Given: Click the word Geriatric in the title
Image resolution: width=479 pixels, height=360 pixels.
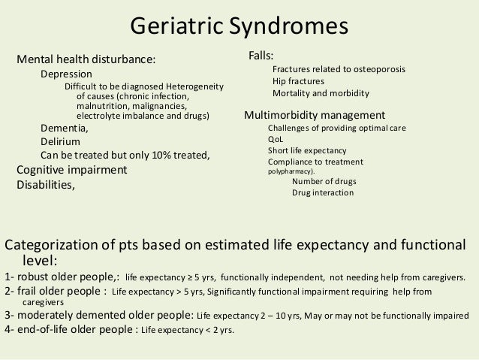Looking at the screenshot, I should click(174, 27).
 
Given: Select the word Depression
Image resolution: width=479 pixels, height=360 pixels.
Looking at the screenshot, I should click(66, 74).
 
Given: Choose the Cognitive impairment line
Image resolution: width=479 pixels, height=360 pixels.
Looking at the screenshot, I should click(72, 170).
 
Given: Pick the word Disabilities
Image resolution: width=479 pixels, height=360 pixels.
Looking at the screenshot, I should click(46, 184).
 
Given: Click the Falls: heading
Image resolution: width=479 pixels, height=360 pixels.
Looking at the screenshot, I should click(261, 56).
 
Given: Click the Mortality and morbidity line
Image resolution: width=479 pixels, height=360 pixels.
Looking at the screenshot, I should click(321, 94).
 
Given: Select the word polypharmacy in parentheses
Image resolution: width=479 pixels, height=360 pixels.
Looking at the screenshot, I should click(292, 171).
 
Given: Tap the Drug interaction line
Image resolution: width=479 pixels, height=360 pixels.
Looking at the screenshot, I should click(323, 193).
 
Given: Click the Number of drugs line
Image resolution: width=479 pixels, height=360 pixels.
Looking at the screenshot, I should click(324, 182).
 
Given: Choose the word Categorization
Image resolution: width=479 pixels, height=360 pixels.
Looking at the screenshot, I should click(52, 245).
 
